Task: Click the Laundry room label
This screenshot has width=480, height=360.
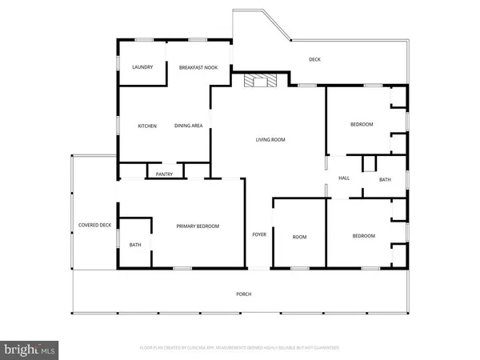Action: click(x=142, y=67)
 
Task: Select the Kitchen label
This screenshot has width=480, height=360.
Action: click(x=146, y=126)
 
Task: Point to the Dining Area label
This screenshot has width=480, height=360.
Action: click(x=188, y=126)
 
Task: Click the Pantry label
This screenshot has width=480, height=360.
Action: click(x=165, y=174)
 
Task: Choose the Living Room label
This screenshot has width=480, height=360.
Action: click(x=270, y=140)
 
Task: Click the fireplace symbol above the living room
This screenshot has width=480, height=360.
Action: click(x=259, y=80)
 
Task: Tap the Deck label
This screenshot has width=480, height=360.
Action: click(x=315, y=60)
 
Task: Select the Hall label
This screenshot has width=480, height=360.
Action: click(x=344, y=178)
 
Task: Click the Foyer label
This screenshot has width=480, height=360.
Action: click(x=259, y=235)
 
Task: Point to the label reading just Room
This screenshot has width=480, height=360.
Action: click(x=299, y=237)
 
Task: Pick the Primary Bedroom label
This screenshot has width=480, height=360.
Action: click(x=198, y=226)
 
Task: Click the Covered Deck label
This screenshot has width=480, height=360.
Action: click(x=94, y=225)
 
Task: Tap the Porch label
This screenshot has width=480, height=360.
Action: click(x=244, y=294)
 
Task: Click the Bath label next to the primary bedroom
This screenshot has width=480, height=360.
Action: click(x=135, y=245)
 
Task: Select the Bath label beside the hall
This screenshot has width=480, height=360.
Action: click(x=385, y=180)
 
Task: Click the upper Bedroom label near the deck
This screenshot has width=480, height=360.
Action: click(x=363, y=125)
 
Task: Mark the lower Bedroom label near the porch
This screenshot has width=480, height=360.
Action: click(x=364, y=236)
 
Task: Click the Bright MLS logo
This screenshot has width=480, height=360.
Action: click(x=30, y=349)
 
